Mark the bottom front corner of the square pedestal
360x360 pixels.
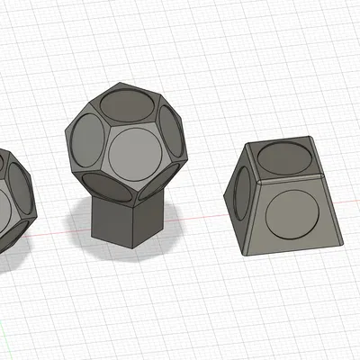tap(132, 246)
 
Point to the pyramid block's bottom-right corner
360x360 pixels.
tap(343, 244)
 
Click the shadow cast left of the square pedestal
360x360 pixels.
tap(81, 220)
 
